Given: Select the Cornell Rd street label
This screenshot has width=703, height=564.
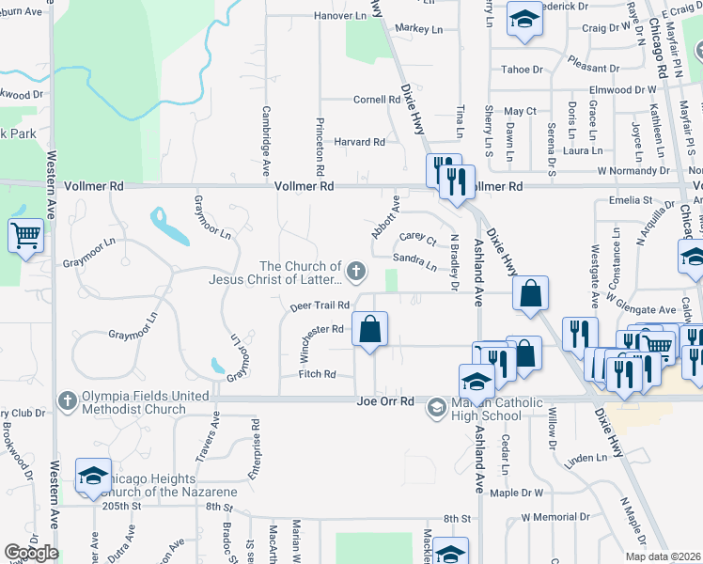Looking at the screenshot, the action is (x=377, y=100).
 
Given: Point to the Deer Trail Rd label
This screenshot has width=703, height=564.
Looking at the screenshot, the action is (x=320, y=305).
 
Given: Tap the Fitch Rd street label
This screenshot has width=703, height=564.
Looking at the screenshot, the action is (x=317, y=374).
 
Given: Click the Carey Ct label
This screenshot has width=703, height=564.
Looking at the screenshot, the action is (x=417, y=239).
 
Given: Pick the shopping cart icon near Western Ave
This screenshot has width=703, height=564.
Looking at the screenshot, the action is (x=25, y=235).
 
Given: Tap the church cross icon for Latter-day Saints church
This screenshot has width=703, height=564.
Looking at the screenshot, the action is (x=355, y=273).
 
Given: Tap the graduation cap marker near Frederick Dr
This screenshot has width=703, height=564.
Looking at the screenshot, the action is (x=523, y=20).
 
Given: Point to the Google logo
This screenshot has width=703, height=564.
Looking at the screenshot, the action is (x=31, y=554).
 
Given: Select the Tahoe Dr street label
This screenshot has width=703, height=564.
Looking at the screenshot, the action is (x=522, y=70).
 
